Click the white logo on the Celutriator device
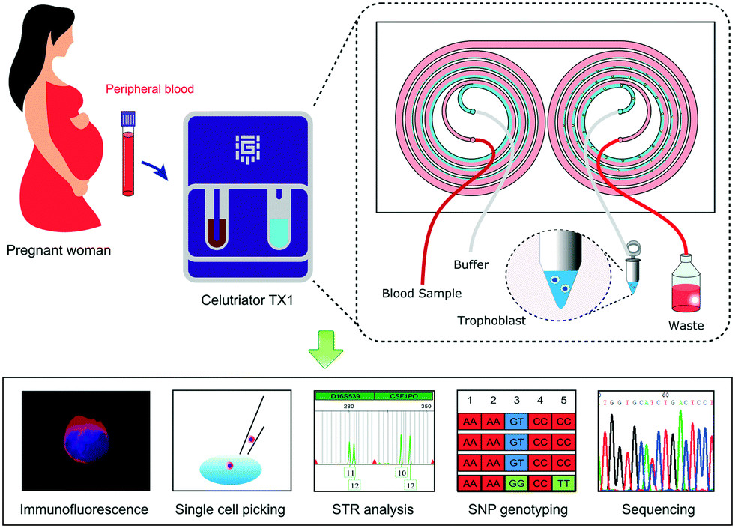(245, 148)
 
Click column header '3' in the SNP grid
(516, 398)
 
